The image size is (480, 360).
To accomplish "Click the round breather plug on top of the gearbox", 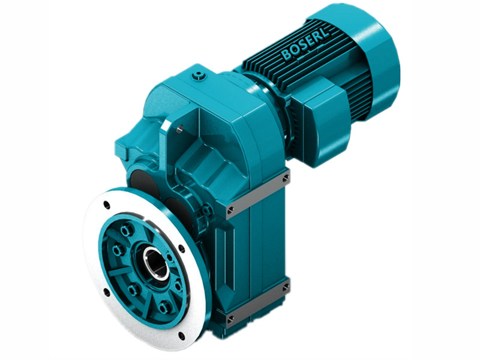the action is [199, 76].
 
